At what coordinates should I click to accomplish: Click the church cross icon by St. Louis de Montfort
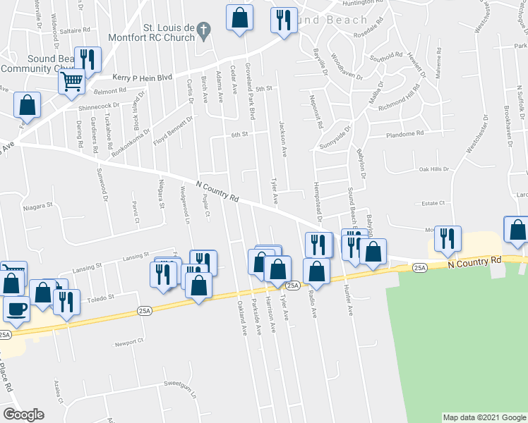pos(203,30)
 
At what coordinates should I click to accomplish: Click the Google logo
pos(23,414)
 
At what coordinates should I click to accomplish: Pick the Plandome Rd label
pos(404,133)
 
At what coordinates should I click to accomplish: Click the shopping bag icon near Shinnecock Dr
pos(27,105)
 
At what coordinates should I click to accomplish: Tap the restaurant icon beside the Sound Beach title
pos(284,20)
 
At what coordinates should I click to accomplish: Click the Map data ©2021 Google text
pos(484,417)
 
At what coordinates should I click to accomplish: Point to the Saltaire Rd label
pos(76,31)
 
